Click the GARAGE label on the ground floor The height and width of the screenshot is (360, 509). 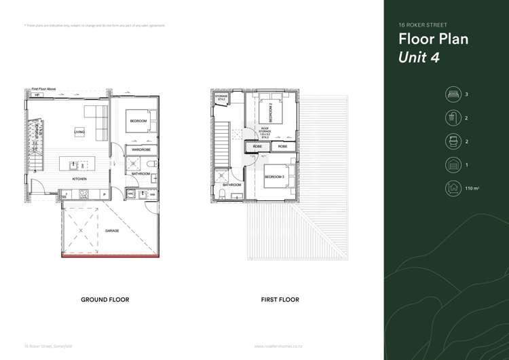click(x=112, y=231)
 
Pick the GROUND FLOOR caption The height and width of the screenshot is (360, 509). click(x=105, y=300)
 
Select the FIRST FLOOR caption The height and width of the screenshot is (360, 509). click(x=280, y=300)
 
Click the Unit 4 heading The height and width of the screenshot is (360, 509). click(x=419, y=57)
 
